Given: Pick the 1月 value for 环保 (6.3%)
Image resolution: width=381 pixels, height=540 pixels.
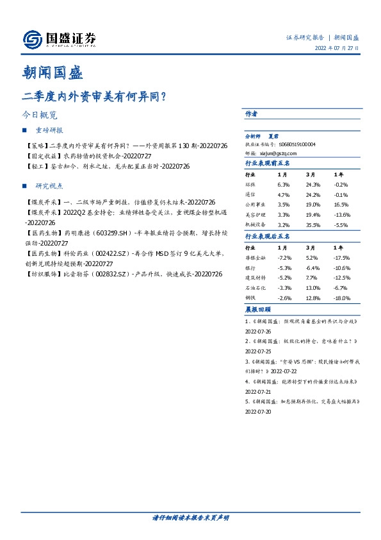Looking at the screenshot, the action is pyautogui.click(x=282, y=184).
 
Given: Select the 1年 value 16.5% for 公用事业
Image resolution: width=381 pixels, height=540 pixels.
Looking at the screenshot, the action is pyautogui.click(x=342, y=205).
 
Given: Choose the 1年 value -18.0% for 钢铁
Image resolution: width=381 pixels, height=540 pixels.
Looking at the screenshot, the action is pyautogui.click(x=342, y=298).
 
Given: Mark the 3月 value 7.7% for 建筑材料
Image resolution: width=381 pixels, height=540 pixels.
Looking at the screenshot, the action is pyautogui.click(x=312, y=278).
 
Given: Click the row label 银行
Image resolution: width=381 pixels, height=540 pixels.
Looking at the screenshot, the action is pyautogui.click(x=250, y=267).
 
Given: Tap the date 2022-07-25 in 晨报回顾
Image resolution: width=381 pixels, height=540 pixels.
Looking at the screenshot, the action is pyautogui.click(x=259, y=352).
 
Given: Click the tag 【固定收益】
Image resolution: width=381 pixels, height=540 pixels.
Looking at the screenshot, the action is pyautogui.click(x=39, y=156).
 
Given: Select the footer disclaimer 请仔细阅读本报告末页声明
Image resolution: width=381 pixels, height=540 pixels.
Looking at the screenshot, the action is pyautogui.click(x=190, y=518).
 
